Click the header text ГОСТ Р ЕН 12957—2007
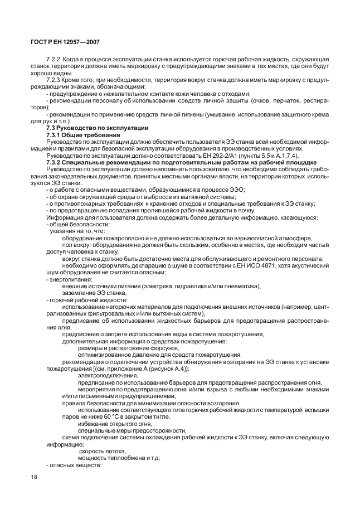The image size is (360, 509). pos(65,42)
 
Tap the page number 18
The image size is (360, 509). pos(33,477)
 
